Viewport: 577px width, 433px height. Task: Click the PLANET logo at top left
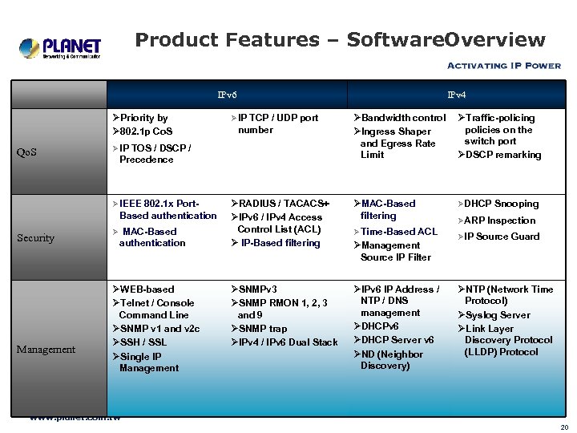click(x=60, y=48)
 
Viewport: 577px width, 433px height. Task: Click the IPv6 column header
click(x=227, y=95)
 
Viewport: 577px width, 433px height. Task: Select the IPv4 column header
click(x=456, y=95)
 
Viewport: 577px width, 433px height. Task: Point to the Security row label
click(x=35, y=238)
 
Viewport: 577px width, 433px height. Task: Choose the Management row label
click(x=46, y=349)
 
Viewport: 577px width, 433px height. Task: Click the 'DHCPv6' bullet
click(x=380, y=326)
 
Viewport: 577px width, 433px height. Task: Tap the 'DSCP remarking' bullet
click(x=502, y=155)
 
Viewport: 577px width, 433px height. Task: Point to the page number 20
click(x=564, y=427)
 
